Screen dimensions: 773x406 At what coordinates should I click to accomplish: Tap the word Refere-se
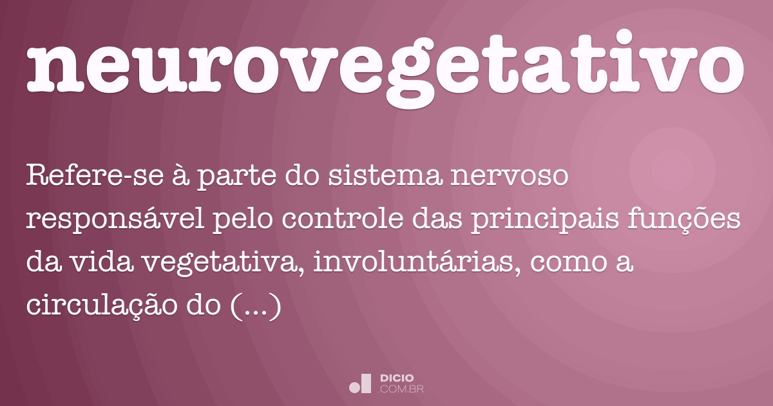coord(95,175)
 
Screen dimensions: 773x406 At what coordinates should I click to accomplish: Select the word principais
coord(545,221)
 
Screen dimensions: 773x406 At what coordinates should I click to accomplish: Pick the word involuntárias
coord(417,262)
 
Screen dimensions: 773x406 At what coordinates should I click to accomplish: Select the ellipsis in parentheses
coord(255,305)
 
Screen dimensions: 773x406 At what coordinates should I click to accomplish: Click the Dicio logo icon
coord(360,383)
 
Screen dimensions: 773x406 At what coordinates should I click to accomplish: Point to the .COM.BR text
coord(401,389)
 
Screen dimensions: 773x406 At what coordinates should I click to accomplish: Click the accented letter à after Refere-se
coord(180,175)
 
